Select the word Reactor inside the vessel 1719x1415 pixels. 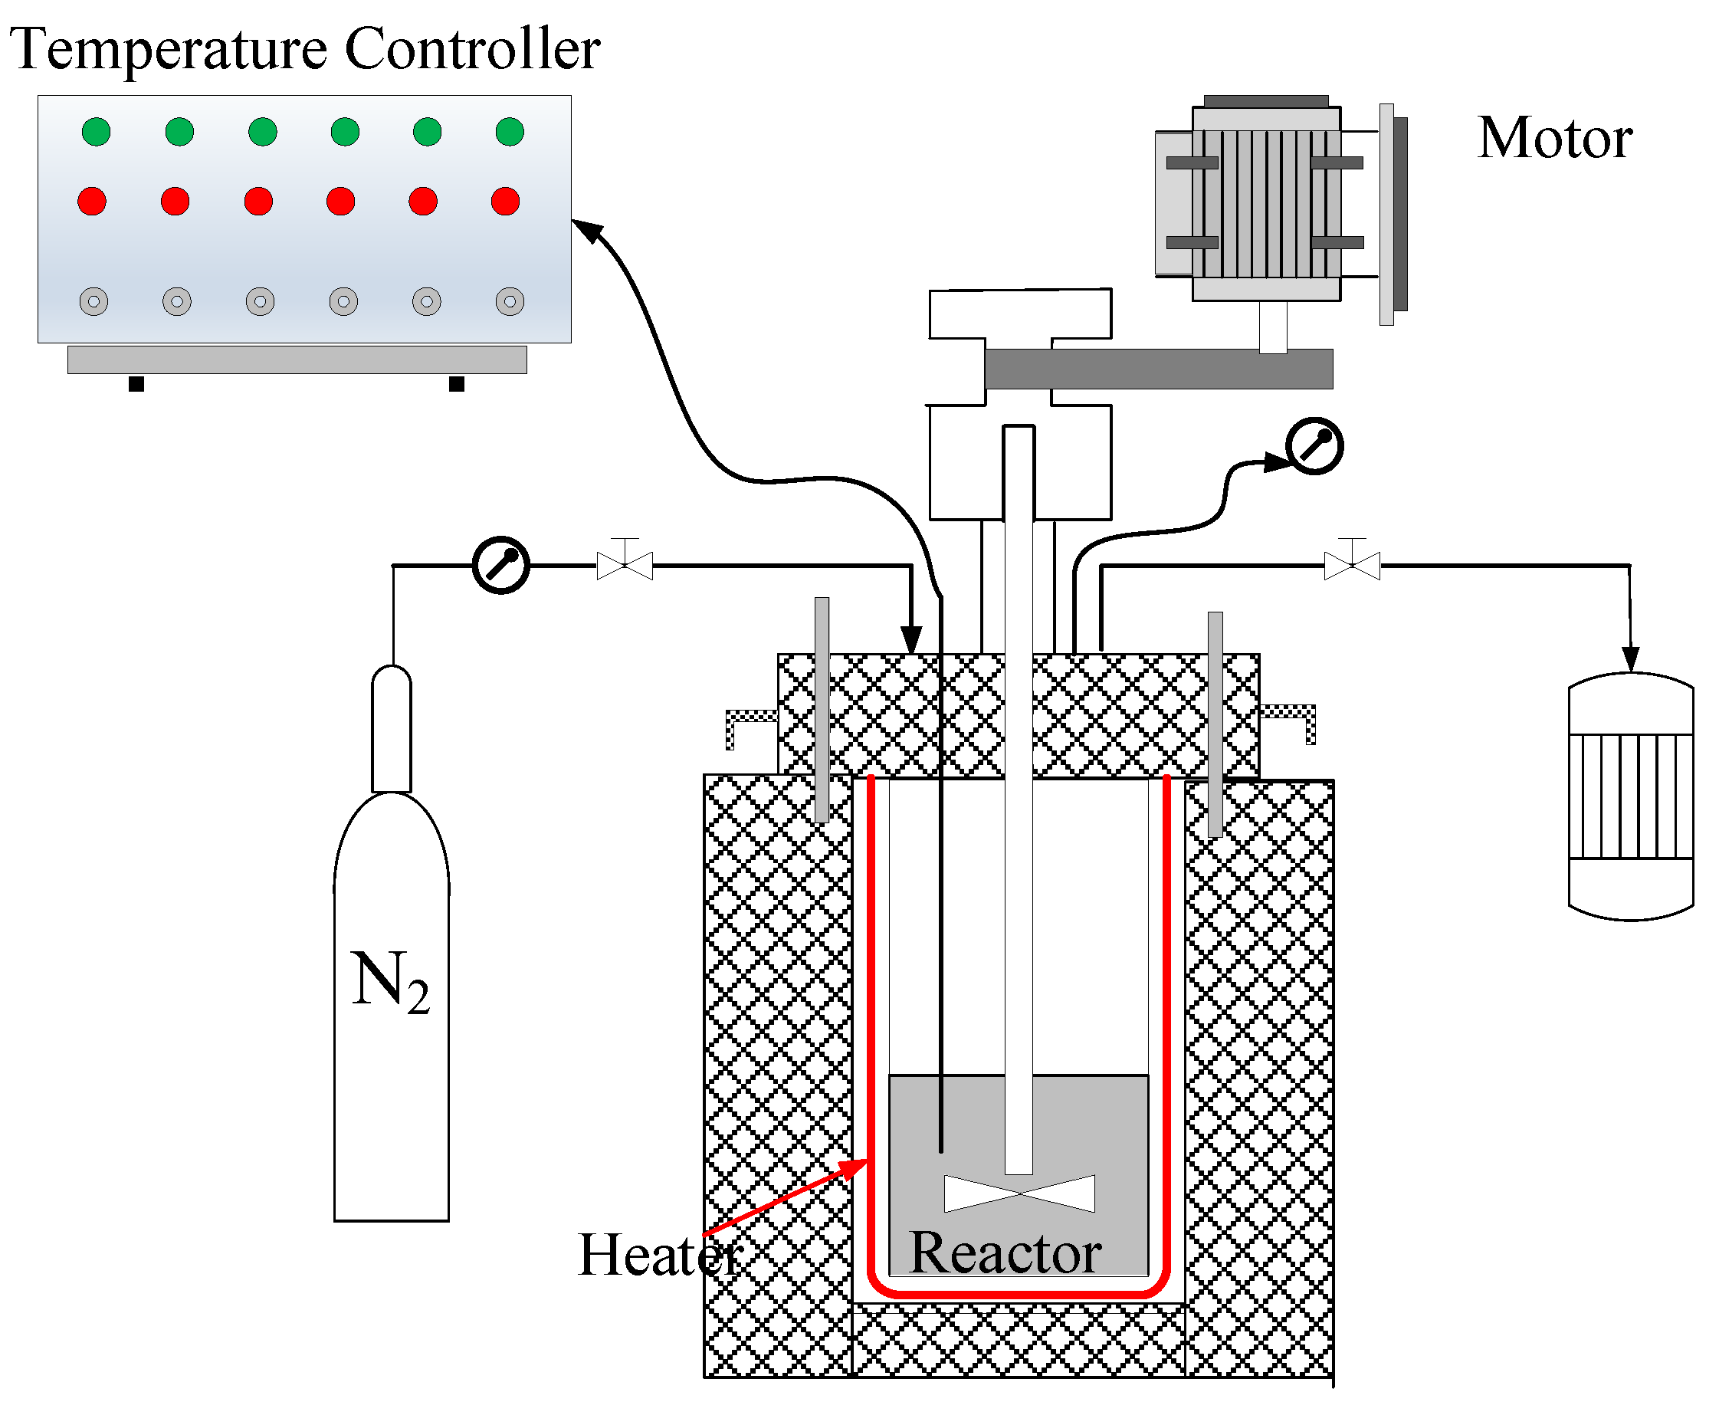(1004, 1252)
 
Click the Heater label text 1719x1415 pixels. (658, 1256)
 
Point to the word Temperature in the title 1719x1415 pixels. (167, 49)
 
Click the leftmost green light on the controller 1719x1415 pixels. (96, 131)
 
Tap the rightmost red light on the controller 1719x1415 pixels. (505, 201)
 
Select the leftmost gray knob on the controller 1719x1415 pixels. (93, 300)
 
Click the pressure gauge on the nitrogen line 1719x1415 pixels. (500, 565)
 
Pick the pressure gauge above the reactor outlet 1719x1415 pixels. (1313, 446)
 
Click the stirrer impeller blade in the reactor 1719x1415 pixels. (1019, 1193)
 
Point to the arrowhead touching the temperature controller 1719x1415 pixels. (586, 230)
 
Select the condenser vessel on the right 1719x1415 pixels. (1630, 796)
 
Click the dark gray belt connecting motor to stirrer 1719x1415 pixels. (1157, 369)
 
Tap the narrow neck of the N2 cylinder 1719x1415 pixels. (391, 730)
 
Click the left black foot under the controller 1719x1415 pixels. (136, 384)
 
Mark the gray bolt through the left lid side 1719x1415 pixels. (822, 709)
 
